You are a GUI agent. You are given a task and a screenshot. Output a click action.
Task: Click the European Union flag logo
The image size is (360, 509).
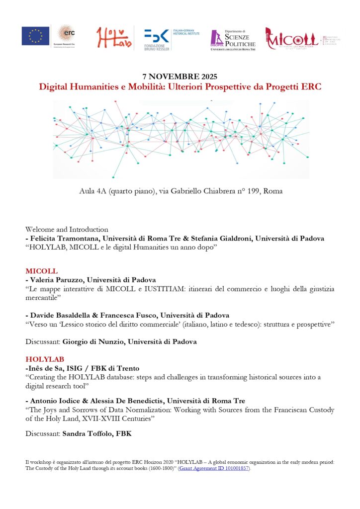(35, 36)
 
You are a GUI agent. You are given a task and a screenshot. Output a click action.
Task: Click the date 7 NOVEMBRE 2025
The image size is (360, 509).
(180, 77)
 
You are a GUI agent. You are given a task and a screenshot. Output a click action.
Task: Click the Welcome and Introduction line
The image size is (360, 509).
(67, 230)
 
